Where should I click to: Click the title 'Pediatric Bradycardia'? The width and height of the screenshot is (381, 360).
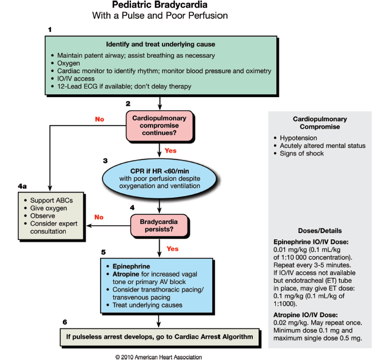[x=160, y=5]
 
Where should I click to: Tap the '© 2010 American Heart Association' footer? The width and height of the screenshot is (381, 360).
[x=158, y=357]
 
